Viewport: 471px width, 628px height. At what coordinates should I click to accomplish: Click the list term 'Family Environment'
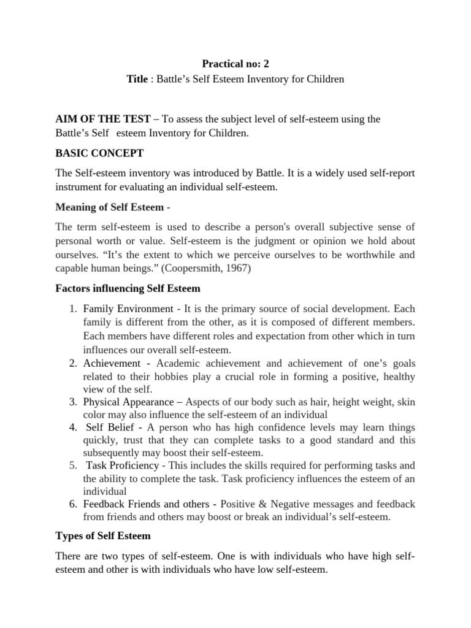[128, 308]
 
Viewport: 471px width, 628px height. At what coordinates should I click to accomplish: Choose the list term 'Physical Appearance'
[128, 402]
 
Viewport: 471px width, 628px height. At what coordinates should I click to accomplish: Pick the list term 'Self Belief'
[110, 427]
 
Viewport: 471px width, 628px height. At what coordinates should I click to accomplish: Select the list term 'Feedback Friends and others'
[147, 504]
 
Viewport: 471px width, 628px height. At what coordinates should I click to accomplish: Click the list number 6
[71, 504]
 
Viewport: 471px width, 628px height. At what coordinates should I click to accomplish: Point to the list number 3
[71, 402]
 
